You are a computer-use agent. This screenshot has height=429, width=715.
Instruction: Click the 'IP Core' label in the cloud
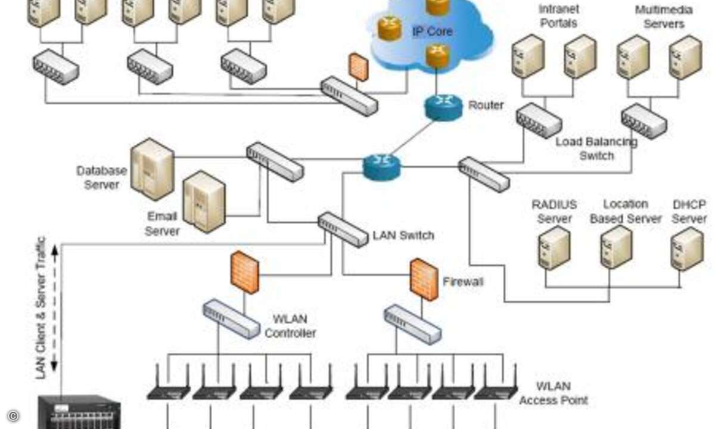[433, 31]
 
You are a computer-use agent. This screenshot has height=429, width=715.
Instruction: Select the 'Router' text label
[486, 105]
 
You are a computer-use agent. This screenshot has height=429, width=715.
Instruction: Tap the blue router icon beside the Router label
[443, 107]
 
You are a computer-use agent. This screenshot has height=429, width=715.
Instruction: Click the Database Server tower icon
[153, 169]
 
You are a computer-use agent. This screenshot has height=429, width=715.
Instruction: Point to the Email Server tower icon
[204, 201]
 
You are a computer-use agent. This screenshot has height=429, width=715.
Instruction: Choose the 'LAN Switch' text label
[403, 235]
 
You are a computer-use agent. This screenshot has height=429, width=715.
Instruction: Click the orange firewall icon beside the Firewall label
[424, 279]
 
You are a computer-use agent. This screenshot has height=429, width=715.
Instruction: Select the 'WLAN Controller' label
[290, 327]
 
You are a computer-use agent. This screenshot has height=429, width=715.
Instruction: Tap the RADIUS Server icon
[554, 248]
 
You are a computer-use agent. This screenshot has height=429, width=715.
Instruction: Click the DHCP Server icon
[687, 248]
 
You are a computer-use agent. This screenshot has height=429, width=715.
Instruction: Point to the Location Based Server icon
[616, 247]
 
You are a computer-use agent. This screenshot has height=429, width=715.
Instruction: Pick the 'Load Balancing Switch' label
[596, 149]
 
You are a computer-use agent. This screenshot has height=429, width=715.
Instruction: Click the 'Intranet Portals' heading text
[558, 16]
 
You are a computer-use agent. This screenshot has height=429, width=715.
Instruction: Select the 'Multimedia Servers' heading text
[663, 17]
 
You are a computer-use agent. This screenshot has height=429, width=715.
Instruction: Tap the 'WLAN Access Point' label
[554, 393]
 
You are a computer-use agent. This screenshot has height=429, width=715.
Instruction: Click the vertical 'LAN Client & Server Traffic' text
[42, 307]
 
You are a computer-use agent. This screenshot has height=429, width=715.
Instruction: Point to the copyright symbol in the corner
[13, 416]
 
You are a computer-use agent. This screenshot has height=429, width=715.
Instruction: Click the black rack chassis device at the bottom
[79, 412]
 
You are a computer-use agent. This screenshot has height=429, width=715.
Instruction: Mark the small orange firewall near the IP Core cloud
[358, 67]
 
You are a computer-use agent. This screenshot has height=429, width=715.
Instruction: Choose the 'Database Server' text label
[101, 178]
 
